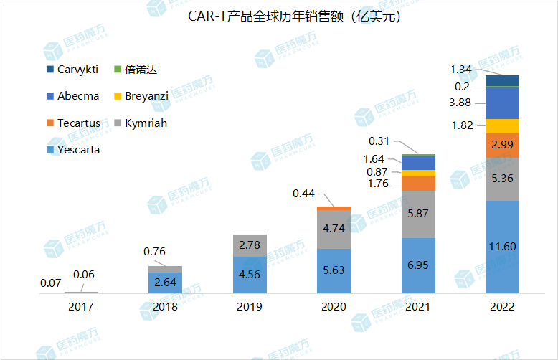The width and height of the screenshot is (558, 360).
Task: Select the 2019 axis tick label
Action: [250, 306]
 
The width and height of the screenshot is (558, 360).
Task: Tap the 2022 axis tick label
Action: [502, 306]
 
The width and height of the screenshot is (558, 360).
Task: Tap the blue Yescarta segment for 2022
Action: [502, 247]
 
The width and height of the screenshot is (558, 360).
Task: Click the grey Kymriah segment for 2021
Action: [418, 214]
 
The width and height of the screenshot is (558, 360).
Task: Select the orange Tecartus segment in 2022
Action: [502, 145]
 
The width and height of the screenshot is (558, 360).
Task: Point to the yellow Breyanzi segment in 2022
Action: [502, 126]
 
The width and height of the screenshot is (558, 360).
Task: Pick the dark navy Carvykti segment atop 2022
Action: [502, 80]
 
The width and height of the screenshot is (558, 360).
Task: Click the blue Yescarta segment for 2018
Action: [165, 283]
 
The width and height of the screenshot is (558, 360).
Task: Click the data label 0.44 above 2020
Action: [304, 193]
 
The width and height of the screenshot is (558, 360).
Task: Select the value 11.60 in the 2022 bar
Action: [502, 247]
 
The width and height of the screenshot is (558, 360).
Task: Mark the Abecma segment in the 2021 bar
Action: [418, 163]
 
